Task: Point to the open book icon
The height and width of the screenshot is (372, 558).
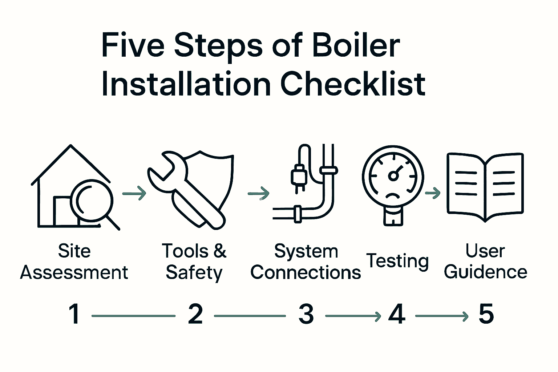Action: pyautogui.click(x=485, y=186)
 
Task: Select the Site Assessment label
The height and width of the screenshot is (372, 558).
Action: pyautogui.click(x=74, y=262)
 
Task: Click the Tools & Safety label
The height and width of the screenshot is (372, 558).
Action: pyautogui.click(x=194, y=262)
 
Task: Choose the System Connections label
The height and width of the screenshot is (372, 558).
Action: pyautogui.click(x=306, y=262)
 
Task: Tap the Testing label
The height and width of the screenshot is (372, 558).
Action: pyautogui.click(x=397, y=261)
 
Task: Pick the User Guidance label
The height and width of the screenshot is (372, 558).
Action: pyautogui.click(x=485, y=261)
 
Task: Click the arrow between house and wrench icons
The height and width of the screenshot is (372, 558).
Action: pyautogui.click(x=134, y=193)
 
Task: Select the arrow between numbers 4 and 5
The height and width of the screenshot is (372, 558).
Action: pyautogui.click(x=441, y=316)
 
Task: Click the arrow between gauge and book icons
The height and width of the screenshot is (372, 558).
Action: pyautogui.click(x=432, y=193)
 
